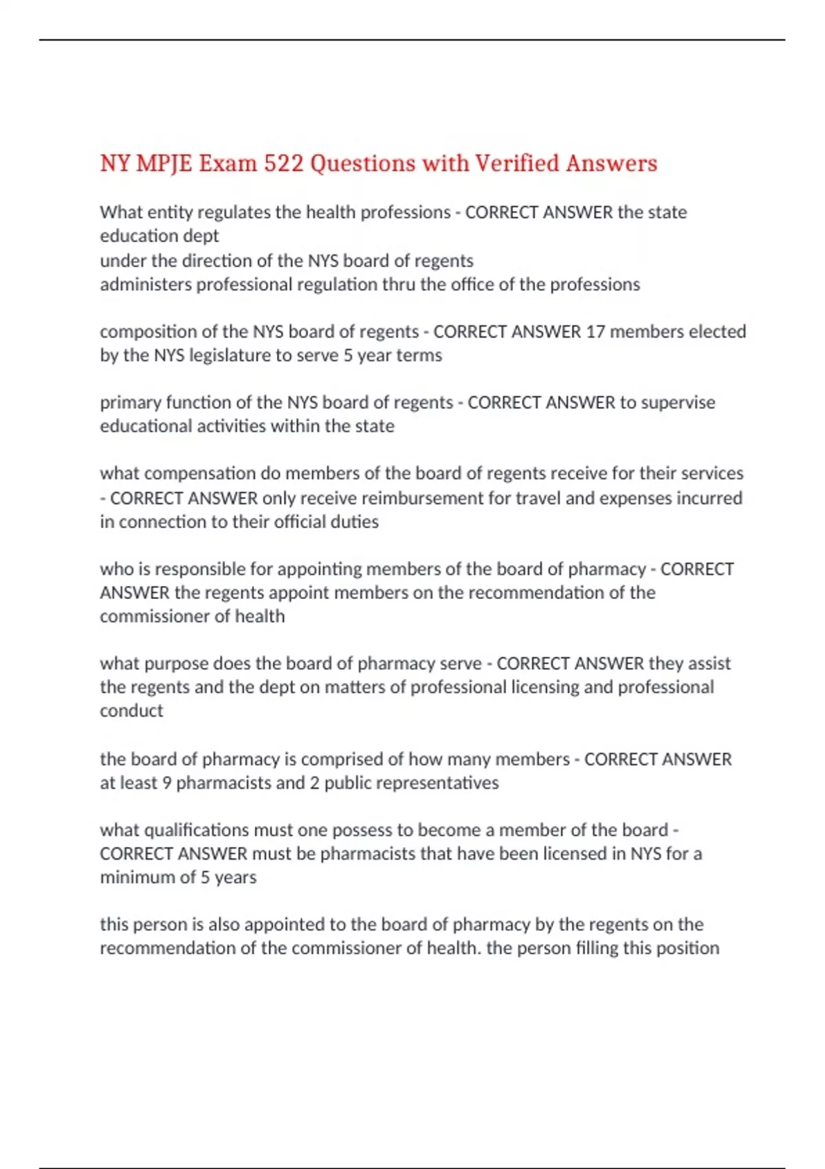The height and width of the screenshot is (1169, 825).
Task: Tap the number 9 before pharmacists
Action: click(x=166, y=783)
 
